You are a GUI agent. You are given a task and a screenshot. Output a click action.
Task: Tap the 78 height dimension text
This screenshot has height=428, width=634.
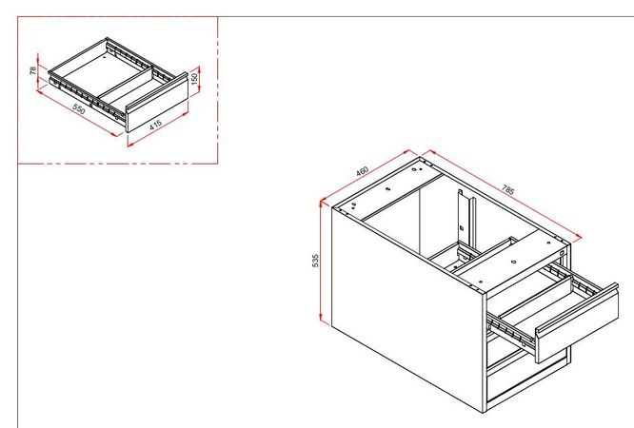point(33,69)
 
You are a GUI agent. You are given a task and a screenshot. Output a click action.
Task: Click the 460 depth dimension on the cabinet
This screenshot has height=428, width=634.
point(363,172)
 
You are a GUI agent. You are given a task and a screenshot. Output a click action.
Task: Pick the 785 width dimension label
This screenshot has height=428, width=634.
point(508,191)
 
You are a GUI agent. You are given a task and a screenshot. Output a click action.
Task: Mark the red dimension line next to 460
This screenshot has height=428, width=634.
point(367,178)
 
